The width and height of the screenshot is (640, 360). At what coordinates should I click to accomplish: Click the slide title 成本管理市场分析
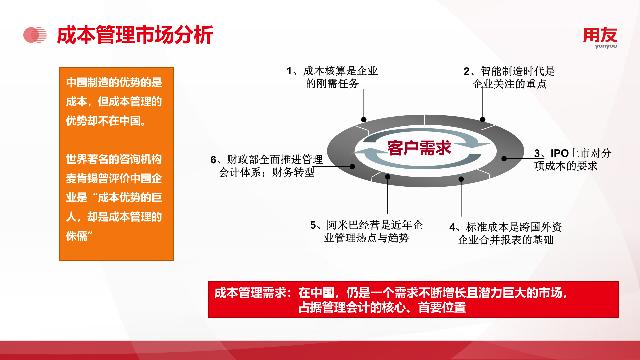(135, 35)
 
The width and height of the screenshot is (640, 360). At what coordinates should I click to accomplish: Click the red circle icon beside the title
(35, 35)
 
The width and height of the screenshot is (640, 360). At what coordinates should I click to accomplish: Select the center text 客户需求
(419, 148)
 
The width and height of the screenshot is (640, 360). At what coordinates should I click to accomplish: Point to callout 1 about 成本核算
(332, 77)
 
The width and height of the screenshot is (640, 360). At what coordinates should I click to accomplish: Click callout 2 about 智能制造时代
(509, 77)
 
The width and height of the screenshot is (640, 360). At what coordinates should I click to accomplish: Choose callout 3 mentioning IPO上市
(573, 159)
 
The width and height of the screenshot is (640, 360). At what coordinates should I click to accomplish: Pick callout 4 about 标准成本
(506, 233)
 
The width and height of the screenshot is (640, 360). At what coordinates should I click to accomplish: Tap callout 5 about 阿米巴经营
(366, 231)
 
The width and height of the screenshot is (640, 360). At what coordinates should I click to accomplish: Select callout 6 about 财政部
(267, 166)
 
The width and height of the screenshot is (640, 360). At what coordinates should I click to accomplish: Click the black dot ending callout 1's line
(364, 119)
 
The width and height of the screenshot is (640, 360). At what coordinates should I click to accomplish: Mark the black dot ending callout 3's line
(504, 159)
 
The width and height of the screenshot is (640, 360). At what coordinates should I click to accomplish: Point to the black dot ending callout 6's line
(352, 166)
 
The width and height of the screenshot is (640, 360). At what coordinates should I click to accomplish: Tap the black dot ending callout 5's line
(388, 177)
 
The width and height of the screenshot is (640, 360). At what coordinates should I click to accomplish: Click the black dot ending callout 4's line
(461, 179)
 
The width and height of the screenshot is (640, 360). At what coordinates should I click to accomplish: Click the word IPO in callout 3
(560, 153)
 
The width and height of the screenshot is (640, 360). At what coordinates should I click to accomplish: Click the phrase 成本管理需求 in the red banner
(250, 293)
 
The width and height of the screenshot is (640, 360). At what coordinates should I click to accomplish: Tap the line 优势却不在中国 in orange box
(106, 121)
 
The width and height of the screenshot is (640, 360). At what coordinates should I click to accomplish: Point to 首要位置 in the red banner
(442, 307)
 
